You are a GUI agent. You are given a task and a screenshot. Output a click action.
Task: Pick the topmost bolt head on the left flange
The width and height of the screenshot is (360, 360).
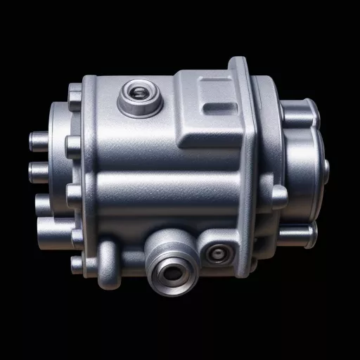[x=75, y=92]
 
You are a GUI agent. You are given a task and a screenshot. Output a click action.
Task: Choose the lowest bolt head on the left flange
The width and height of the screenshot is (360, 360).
[x=78, y=265]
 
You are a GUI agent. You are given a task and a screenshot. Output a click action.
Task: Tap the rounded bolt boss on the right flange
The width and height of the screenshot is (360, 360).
[x=278, y=198]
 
